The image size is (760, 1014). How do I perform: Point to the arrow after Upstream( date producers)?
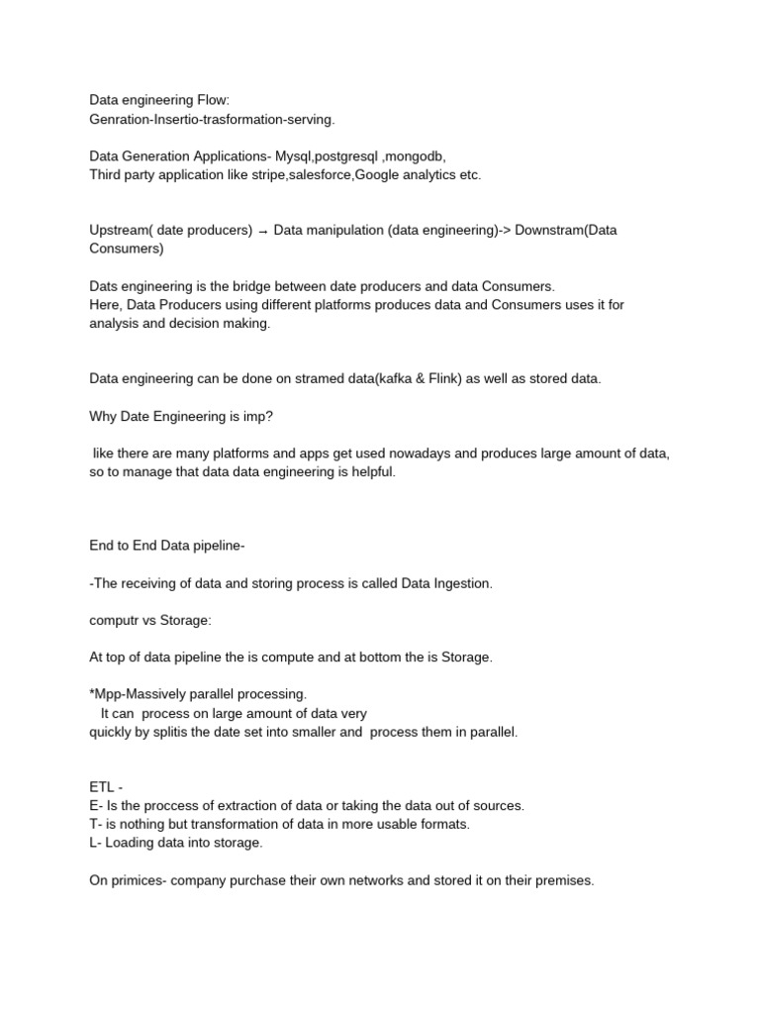[x=263, y=231]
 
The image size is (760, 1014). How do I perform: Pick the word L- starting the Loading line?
[x=95, y=843]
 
